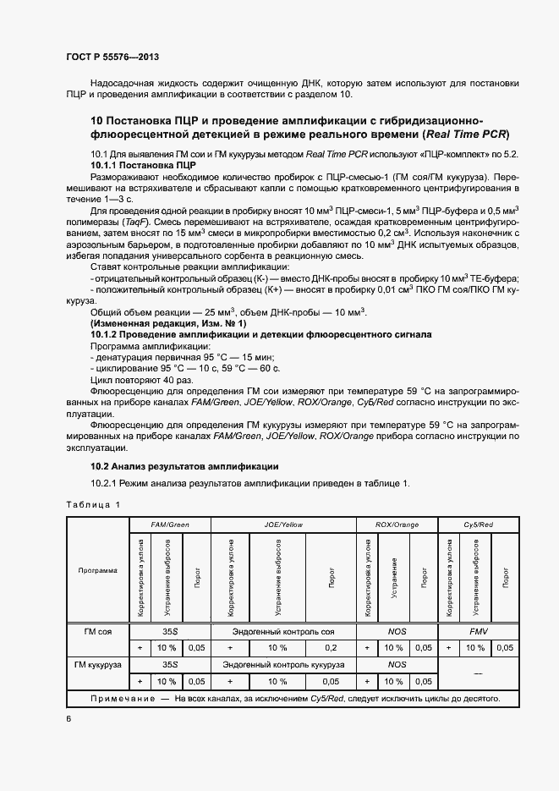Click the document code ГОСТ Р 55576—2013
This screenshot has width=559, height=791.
[x=112, y=57]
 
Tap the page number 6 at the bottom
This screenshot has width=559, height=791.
[x=69, y=718]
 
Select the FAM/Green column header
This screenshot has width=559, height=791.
[x=169, y=525]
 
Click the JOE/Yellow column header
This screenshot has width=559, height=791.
[x=283, y=525]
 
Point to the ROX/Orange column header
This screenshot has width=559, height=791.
[x=397, y=525]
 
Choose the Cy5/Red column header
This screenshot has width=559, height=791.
[x=479, y=525]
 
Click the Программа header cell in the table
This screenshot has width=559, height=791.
[x=97, y=570]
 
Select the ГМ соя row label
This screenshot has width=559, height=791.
[x=97, y=631]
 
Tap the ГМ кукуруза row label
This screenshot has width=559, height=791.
[x=97, y=665]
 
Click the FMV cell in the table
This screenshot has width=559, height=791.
[x=479, y=631]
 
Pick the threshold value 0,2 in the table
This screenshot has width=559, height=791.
[x=331, y=647]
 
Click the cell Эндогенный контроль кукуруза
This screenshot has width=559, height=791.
[x=283, y=665]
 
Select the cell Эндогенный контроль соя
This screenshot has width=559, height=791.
[x=283, y=631]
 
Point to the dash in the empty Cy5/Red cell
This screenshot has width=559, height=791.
[x=479, y=673]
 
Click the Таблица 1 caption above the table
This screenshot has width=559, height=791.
[x=94, y=504]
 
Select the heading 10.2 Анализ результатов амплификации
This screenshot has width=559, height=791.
[x=184, y=467]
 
